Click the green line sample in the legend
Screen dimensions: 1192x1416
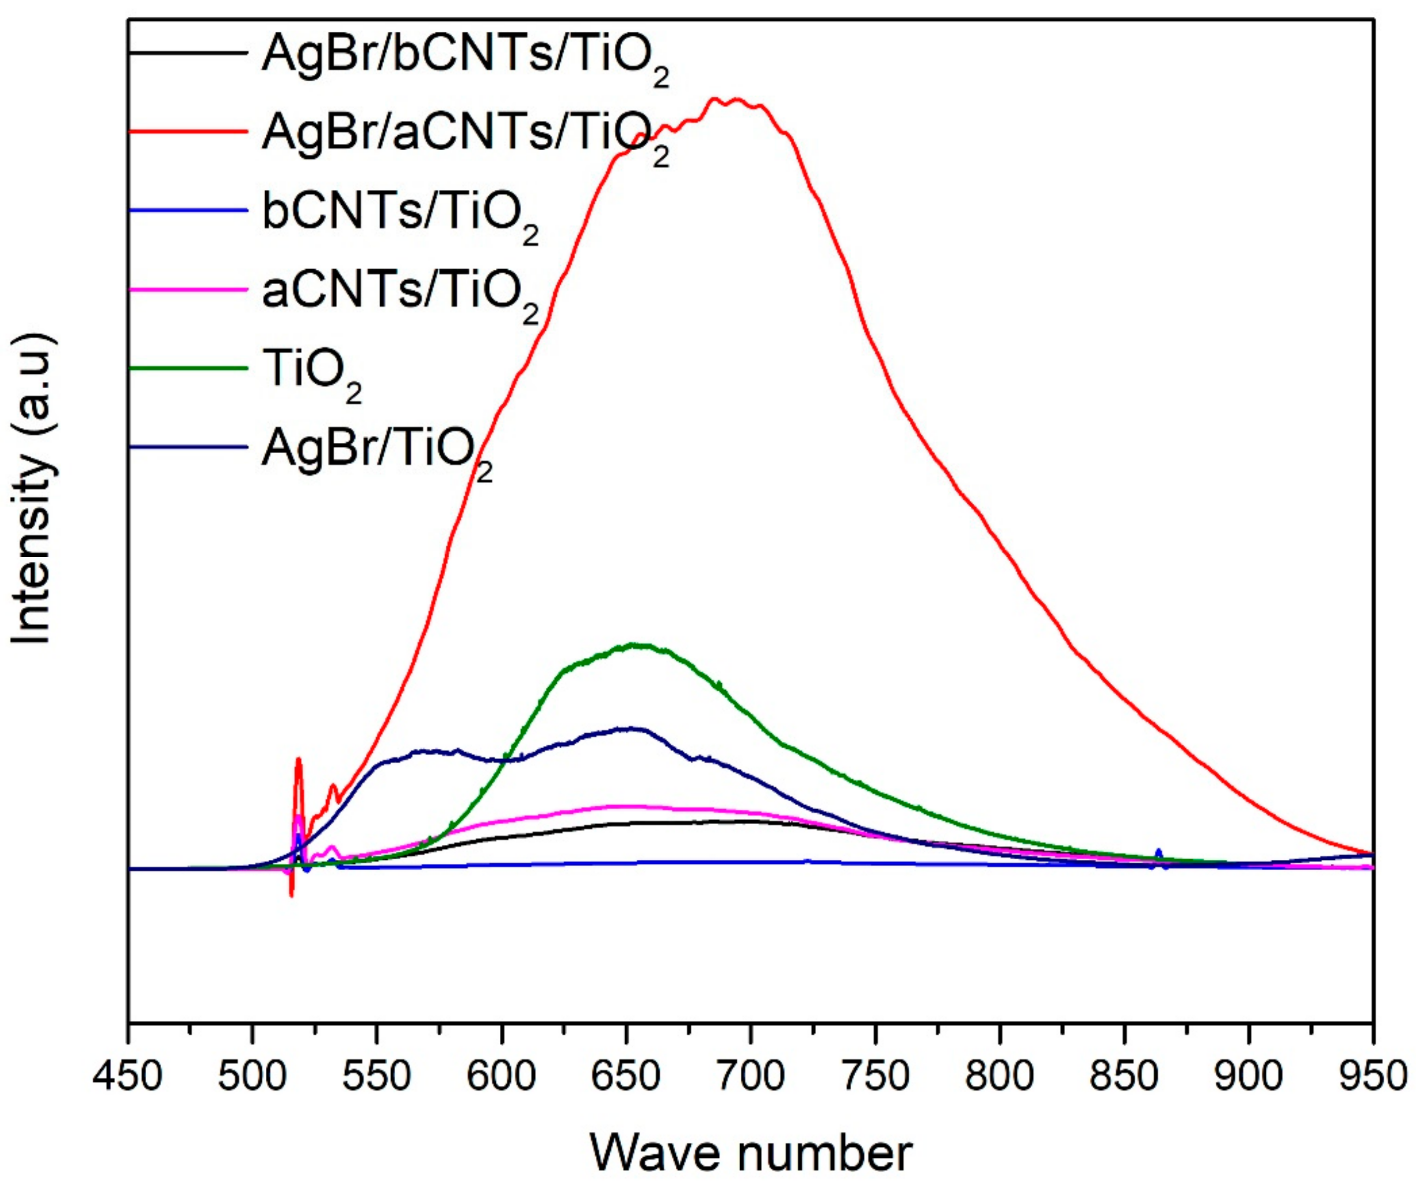point(188,368)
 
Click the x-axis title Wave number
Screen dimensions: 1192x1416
point(751,1153)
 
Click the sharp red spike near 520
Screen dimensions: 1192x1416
point(298,760)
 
